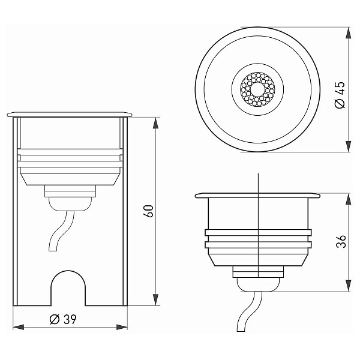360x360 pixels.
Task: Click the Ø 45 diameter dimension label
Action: tap(340, 95)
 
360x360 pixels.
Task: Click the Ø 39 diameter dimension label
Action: tap(63, 319)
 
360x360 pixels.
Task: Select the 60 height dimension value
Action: tap(149, 211)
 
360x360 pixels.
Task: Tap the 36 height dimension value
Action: tap(341, 241)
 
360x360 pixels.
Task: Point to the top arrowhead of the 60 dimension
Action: tap(155, 123)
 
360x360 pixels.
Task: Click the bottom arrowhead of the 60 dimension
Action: tap(155, 300)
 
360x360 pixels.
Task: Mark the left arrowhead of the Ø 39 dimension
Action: tap(19, 327)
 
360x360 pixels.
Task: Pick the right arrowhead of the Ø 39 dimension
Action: tap(122, 327)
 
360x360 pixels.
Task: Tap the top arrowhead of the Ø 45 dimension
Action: tap(349, 32)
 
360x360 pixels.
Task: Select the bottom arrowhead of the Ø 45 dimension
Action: tap(349, 146)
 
